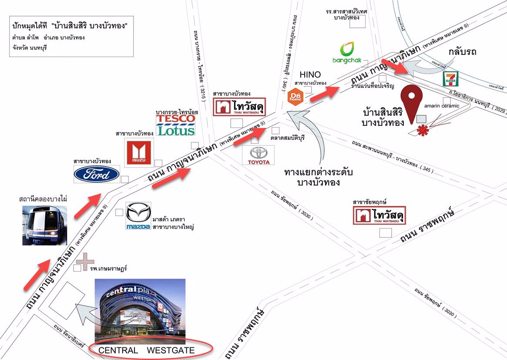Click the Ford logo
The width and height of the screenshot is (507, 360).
pos(96,174)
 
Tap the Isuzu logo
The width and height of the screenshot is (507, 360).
pos(139,153)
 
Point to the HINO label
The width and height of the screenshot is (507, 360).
pos(310,75)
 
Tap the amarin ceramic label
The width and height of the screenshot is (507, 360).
pos(441,106)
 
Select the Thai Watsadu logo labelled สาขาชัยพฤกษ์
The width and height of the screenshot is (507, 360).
pos(379,215)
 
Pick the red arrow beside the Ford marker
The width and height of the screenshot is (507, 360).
pos(88,207)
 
